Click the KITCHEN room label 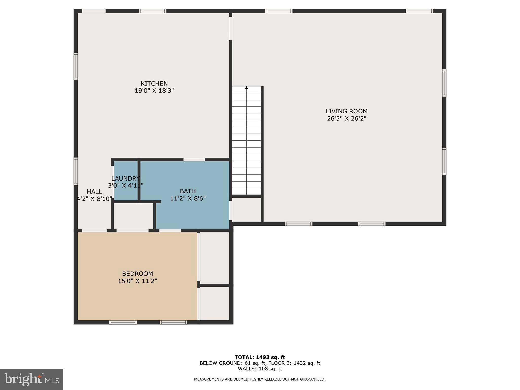pyautogui.click(x=154, y=84)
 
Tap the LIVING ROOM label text pyautogui.click(x=347, y=111)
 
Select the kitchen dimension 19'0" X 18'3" pyautogui.click(x=154, y=91)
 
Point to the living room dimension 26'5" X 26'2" pyautogui.click(x=347, y=118)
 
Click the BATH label pyautogui.click(x=188, y=191)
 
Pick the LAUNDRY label pyautogui.click(x=126, y=178)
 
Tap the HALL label pyautogui.click(x=94, y=192)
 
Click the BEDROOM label pyautogui.click(x=137, y=274)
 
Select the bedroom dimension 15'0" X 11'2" pyautogui.click(x=137, y=281)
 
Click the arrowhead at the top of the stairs pyautogui.click(x=246, y=88)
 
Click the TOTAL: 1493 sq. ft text pyautogui.click(x=260, y=357)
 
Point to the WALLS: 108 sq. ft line pyautogui.click(x=260, y=369)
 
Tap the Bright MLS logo pyautogui.click(x=32, y=379)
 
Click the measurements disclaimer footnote pyautogui.click(x=260, y=379)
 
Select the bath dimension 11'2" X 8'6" pyautogui.click(x=188, y=198)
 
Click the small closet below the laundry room pyautogui.click(x=133, y=216)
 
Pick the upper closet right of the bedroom pyautogui.click(x=215, y=258)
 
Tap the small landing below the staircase pyautogui.click(x=246, y=209)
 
